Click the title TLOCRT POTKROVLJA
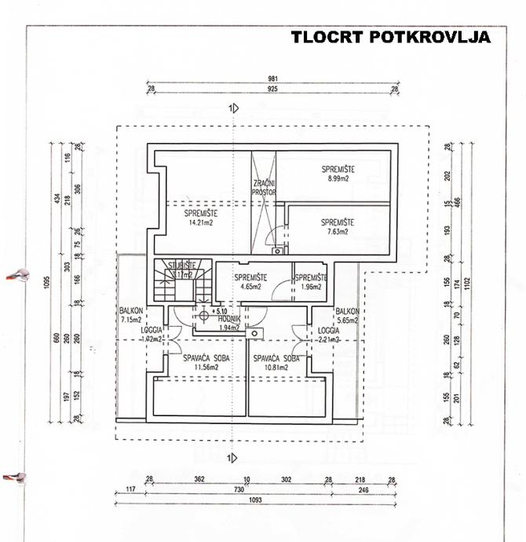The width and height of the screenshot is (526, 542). (x=390, y=37)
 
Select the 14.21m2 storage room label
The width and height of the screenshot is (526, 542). (x=200, y=218)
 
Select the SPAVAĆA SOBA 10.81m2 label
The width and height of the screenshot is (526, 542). (x=276, y=362)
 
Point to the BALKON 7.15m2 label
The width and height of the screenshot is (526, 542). (x=130, y=316)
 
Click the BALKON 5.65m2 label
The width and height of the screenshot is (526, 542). (x=346, y=316)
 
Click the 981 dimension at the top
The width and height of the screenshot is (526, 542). (x=272, y=79)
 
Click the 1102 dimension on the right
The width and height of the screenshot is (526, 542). (x=472, y=282)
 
